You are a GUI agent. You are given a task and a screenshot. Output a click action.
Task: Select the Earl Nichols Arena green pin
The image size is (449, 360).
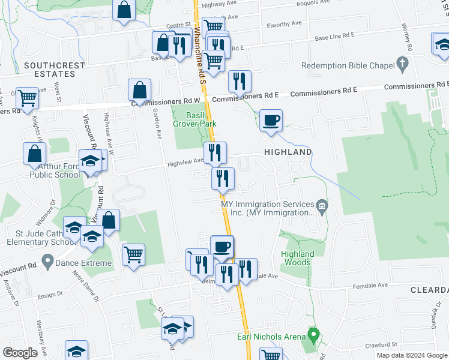pos(312,334)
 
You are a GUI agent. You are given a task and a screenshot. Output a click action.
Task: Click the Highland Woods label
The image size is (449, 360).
pos(297,258)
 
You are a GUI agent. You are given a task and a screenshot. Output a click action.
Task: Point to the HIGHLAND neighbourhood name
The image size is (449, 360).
pos(288,152)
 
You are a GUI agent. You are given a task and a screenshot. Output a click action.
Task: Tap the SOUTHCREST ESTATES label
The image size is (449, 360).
pos(49,69)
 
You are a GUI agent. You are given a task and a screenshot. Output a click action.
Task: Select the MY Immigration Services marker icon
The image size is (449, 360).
pos(322,208)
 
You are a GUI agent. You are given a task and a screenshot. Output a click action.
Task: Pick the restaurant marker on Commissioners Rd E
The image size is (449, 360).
pos(240,81)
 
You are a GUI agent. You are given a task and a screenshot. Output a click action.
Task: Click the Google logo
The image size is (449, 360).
pos(20,353)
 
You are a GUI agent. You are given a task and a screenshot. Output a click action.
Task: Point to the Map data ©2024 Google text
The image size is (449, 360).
pos(411,355)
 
